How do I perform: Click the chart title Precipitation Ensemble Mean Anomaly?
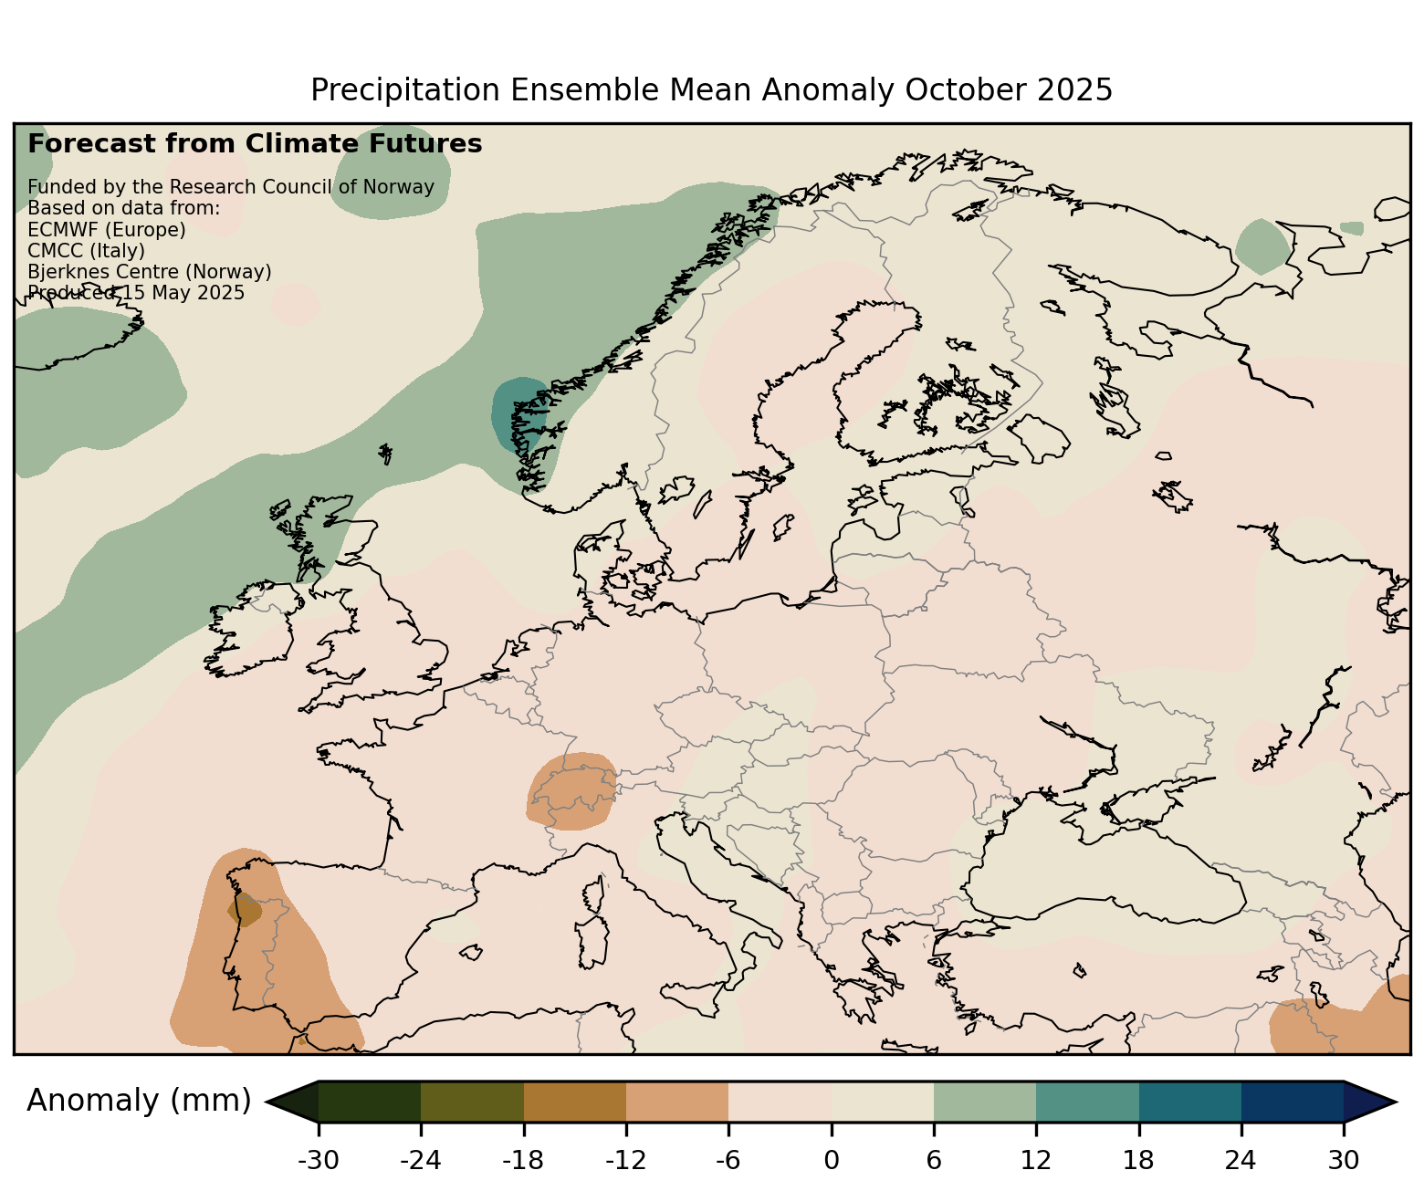[711, 90]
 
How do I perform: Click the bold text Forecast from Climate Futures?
[255, 144]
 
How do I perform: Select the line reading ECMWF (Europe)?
[107, 229]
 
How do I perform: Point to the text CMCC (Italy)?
[87, 250]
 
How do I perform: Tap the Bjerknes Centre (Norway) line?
[150, 272]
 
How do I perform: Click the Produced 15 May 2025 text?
[136, 293]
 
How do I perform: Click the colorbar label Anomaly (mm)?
[139, 1101]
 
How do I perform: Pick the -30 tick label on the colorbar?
[318, 1160]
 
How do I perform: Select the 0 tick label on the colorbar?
[831, 1160]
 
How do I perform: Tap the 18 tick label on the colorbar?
[1138, 1160]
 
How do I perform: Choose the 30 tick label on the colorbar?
[1344, 1160]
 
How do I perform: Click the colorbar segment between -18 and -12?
[575, 1102]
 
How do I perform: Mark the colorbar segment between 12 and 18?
[1087, 1102]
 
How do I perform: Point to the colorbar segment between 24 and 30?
[1293, 1102]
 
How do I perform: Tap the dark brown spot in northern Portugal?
[245, 910]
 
